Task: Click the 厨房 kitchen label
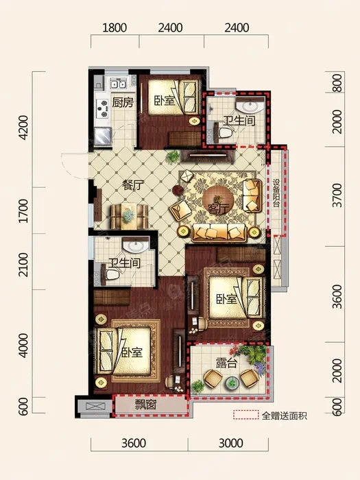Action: click(x=123, y=102)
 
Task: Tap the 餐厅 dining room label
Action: click(x=133, y=184)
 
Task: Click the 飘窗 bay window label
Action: click(x=145, y=405)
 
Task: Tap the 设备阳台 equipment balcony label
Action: click(x=276, y=193)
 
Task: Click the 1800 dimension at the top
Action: click(x=115, y=28)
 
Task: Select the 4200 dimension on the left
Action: click(x=23, y=128)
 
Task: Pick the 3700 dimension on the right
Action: click(x=337, y=195)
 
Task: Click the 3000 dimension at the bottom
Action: click(x=231, y=443)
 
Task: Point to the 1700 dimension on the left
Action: click(x=23, y=211)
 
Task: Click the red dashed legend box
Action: click(x=245, y=415)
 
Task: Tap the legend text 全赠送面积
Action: click(x=285, y=416)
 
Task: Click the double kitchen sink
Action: click(x=118, y=83)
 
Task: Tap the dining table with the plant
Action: click(x=129, y=216)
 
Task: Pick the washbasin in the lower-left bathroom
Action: click(x=135, y=245)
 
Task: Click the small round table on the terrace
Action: click(x=232, y=383)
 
